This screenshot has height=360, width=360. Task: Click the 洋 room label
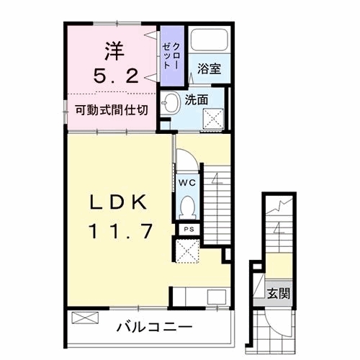pyautogui.click(x=113, y=51)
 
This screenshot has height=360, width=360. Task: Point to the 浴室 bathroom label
pyautogui.click(x=210, y=69)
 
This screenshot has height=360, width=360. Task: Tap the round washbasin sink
pyautogui.click(x=171, y=105)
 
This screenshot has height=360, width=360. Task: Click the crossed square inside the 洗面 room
pyautogui.click(x=214, y=121)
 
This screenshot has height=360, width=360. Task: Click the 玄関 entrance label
pyautogui.click(x=280, y=293)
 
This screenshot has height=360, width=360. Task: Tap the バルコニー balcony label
pyautogui.click(x=155, y=328)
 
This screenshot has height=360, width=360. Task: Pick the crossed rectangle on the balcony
pyautogui.click(x=84, y=317)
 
